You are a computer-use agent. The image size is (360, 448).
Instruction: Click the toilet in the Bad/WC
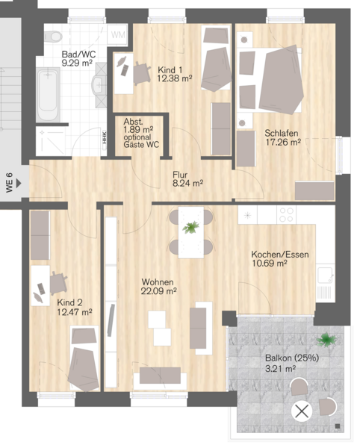(53, 36)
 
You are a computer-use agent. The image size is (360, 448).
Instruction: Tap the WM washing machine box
(117, 35)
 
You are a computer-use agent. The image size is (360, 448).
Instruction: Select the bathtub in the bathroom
(48, 94)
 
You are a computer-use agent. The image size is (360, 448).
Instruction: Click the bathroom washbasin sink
(99, 85)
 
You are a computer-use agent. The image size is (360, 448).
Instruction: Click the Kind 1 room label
(170, 69)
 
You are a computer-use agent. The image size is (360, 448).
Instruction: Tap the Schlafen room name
(281, 133)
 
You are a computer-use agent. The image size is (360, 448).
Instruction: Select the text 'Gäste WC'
(141, 145)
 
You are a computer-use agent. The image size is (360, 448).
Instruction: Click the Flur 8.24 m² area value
(187, 183)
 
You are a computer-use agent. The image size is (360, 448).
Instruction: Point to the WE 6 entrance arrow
(19, 183)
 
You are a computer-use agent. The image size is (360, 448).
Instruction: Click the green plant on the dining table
(191, 227)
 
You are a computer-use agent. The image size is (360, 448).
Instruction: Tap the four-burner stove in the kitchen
(286, 215)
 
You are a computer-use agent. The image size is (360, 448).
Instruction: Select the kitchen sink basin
(325, 275)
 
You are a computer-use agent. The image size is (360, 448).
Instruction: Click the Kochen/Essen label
(280, 255)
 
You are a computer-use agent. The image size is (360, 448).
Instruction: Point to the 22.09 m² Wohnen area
(158, 291)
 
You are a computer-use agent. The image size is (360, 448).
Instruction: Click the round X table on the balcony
(302, 411)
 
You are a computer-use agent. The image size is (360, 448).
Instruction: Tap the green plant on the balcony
(326, 340)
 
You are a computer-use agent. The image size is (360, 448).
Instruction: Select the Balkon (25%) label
(292, 358)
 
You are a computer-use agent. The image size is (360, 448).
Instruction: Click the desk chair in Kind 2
(58, 284)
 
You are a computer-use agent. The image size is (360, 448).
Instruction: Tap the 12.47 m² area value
(74, 311)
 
